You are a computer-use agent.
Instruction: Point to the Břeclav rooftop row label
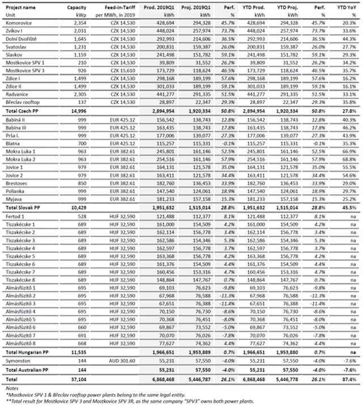[x=26, y=102]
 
